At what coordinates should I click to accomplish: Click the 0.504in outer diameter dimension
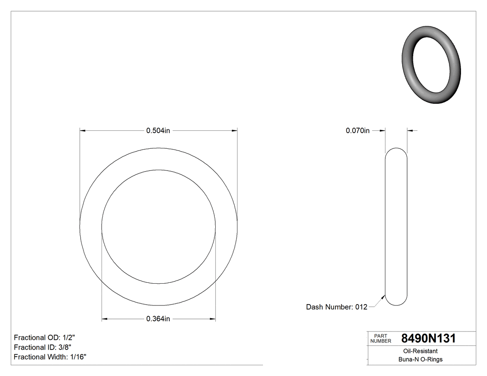pyautogui.click(x=158, y=131)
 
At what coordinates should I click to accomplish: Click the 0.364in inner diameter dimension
pyautogui.click(x=158, y=319)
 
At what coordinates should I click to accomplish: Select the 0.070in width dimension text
pyautogui.click(x=358, y=131)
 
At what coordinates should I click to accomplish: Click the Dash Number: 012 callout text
pyautogui.click(x=337, y=307)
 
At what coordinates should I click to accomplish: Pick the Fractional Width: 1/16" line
pyautogui.click(x=50, y=357)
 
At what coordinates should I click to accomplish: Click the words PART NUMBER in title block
pyautogui.click(x=381, y=338)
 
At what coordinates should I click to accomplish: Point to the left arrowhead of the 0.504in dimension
pyautogui.click(x=83, y=131)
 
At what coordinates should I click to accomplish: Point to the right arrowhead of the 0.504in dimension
pyautogui.click(x=235, y=131)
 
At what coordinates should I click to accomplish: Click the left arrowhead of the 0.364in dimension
pyautogui.click(x=104, y=319)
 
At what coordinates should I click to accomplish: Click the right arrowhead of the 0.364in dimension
pyautogui.click(x=213, y=319)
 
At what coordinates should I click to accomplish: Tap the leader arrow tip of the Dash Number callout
pyautogui.click(x=384, y=295)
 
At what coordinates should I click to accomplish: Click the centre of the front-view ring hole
pyautogui.click(x=158, y=227)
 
